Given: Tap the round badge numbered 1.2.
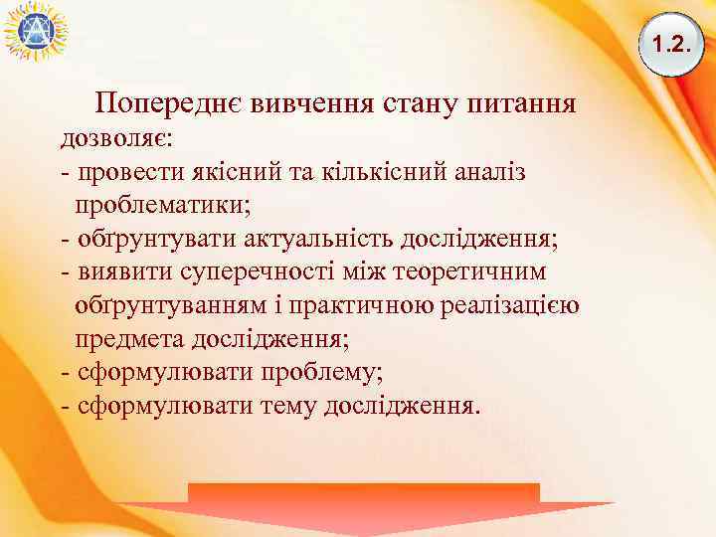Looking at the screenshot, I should click(x=670, y=44).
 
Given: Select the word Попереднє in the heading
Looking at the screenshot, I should click(x=168, y=103).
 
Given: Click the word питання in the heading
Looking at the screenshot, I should click(x=519, y=103).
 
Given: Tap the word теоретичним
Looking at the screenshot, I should click(x=465, y=272).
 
